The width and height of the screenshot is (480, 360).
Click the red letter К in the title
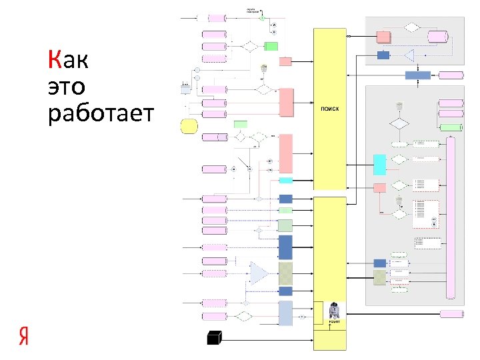(55, 61)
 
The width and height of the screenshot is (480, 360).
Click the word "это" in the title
(67, 87)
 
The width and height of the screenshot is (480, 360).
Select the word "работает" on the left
(101, 114)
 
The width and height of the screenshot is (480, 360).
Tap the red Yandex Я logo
(24, 336)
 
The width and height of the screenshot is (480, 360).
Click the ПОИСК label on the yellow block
(329, 109)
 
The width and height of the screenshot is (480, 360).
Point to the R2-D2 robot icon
(334, 309)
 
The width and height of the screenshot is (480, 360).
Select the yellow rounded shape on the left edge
(189, 125)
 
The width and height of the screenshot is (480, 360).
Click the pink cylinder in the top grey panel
(438, 36)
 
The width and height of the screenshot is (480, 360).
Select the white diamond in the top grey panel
(412, 27)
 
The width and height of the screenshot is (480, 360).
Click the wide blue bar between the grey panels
(418, 75)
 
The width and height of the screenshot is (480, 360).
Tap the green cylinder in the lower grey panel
(451, 127)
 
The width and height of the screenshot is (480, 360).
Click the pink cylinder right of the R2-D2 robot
(452, 314)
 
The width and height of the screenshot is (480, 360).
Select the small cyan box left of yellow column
(285, 180)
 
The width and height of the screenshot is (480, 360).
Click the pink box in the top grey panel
(383, 36)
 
